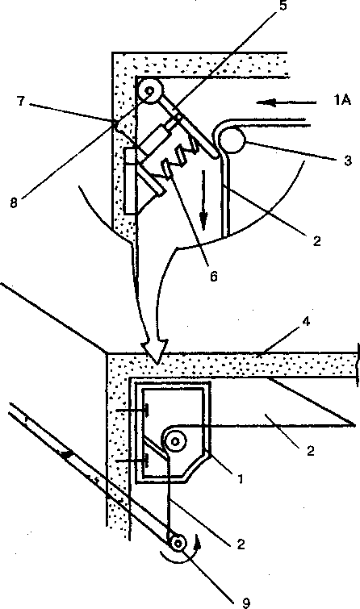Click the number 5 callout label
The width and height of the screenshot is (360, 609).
coord(283,6)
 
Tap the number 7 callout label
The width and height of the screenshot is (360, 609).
coord(21,102)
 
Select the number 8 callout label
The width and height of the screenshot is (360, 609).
coord(14,202)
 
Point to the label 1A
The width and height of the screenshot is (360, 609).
coord(341,100)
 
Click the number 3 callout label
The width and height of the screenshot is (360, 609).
coord(348,160)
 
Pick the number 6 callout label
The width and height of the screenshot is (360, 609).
coord(214,277)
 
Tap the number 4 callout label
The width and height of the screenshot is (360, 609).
coord(307,322)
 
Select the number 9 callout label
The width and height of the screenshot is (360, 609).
coord(245,603)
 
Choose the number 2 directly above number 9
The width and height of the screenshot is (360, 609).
coord(241,544)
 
